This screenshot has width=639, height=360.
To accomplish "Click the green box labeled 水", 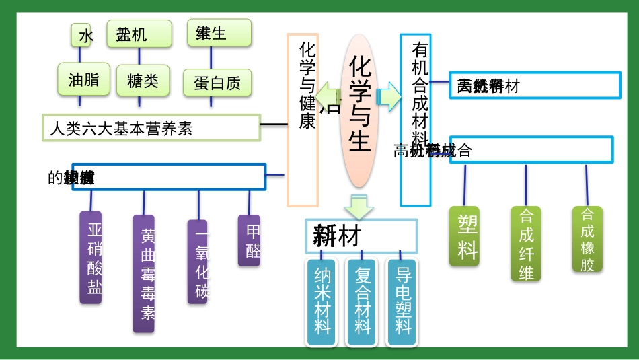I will click(81, 35).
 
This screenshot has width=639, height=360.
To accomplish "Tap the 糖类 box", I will click(142, 81).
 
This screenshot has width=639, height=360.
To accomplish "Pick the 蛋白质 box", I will click(217, 82).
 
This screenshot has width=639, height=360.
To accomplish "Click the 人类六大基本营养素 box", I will click(151, 128).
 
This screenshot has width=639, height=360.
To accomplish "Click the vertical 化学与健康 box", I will click(303, 119).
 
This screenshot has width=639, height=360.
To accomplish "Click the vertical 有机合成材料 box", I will click(416, 119).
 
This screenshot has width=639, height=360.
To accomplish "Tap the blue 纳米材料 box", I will click(323, 301).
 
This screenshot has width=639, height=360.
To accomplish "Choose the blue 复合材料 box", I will click(363, 301).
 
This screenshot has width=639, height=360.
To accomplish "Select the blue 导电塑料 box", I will click(403, 301).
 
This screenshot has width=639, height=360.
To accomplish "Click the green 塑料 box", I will click(465, 236).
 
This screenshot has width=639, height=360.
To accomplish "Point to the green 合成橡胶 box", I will click(587, 239).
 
